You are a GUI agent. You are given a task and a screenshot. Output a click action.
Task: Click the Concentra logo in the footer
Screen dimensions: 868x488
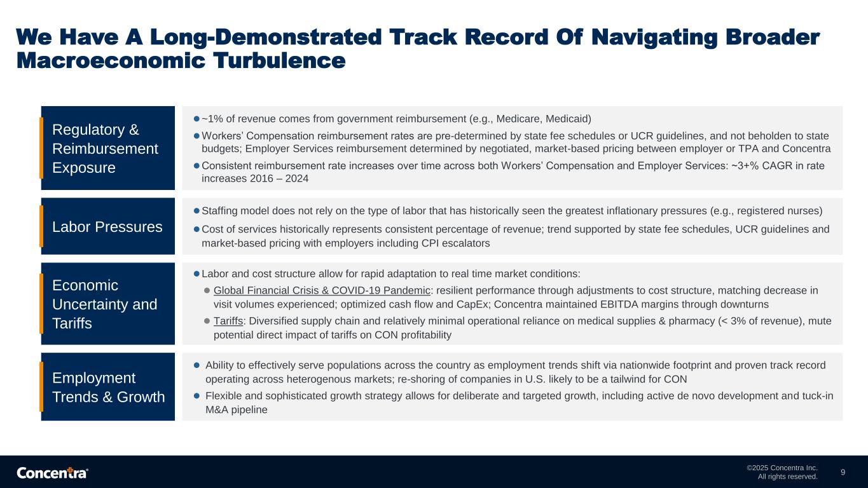[x=52, y=473]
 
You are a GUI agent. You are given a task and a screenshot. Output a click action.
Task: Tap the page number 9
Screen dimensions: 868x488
[x=843, y=472]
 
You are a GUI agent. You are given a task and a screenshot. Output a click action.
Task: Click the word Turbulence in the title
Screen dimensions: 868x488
[x=279, y=61]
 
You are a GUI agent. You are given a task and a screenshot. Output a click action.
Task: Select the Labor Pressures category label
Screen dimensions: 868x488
[x=107, y=227]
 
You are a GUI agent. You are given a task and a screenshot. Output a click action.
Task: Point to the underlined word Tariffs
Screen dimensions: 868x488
[x=228, y=321]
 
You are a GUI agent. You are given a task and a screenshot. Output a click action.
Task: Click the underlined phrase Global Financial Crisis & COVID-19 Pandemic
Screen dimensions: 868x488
[x=322, y=290]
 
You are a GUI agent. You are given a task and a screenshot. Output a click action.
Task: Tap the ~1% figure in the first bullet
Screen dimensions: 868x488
[x=212, y=119]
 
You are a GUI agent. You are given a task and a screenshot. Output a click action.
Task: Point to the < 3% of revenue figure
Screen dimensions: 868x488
[x=759, y=321]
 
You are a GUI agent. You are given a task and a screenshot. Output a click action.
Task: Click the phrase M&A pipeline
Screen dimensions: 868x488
[x=237, y=410]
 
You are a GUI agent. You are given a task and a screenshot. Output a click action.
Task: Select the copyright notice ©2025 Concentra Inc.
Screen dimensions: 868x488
[x=782, y=468]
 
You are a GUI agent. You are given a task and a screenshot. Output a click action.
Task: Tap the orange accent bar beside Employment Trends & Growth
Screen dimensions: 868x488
[x=41, y=386]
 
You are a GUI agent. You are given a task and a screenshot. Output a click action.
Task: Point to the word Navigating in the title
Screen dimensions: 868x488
[x=654, y=37]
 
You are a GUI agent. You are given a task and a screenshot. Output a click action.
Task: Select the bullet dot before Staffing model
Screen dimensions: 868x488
[x=196, y=211]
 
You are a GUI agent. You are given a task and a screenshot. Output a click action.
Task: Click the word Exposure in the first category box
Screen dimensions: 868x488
[x=84, y=168]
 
